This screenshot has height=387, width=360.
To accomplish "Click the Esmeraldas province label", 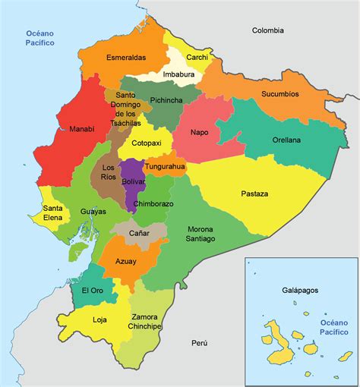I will pyautogui.click(x=126, y=56).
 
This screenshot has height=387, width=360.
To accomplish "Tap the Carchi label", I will pyautogui.click(x=197, y=56).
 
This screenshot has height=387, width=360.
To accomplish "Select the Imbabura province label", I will pyautogui.click(x=178, y=74).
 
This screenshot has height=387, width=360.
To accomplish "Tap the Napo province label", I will pyautogui.click(x=199, y=132).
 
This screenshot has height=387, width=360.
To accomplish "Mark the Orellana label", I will pyautogui.click(x=286, y=140).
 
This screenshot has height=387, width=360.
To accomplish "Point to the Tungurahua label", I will pyautogui.click(x=166, y=166).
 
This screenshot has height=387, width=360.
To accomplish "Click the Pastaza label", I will pyautogui.click(x=254, y=193).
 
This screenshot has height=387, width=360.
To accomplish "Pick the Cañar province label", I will pyautogui.click(x=139, y=233).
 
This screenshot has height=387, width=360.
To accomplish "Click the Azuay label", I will pyautogui.click(x=126, y=261).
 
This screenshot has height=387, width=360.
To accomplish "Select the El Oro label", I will pyautogui.click(x=92, y=291).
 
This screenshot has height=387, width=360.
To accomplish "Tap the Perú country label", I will pyautogui.click(x=199, y=343).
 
